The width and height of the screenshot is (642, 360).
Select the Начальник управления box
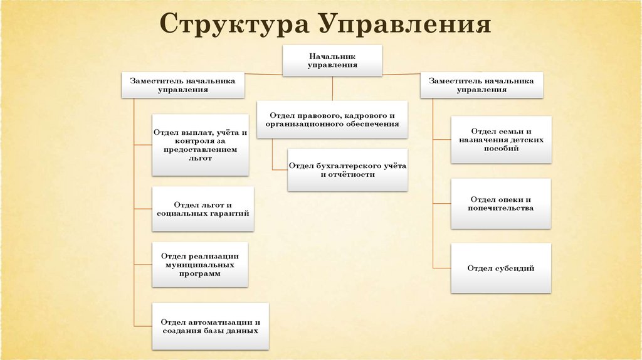point(332,61)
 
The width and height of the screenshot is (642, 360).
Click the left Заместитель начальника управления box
point(183,85)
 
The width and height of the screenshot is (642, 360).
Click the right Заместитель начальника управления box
point(481,85)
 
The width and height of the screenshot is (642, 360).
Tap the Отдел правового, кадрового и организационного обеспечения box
point(332,120)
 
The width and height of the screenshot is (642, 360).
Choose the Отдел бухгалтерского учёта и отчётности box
point(348,170)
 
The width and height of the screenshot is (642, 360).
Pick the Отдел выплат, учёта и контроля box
point(200,146)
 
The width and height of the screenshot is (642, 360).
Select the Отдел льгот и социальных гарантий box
point(203,209)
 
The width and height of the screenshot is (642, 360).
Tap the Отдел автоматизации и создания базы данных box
point(210,326)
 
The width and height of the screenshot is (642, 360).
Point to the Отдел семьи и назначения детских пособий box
point(501,140)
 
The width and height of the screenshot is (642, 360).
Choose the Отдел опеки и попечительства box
point(501,203)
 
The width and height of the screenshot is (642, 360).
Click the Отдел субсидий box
point(501,268)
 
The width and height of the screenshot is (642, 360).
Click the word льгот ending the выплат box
point(200,159)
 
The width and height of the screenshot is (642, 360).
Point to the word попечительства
point(501,208)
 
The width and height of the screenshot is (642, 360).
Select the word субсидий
point(518,268)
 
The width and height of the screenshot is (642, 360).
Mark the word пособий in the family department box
point(501,149)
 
